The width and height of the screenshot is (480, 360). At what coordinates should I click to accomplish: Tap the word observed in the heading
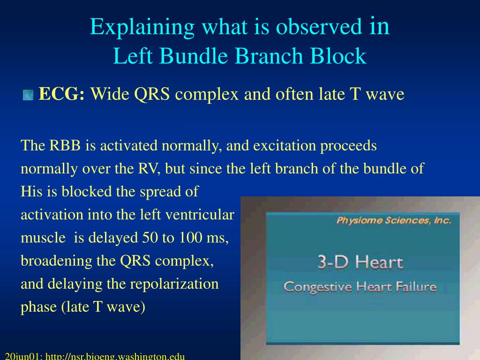tap(319, 27)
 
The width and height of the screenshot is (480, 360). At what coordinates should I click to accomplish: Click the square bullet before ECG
tap(28, 95)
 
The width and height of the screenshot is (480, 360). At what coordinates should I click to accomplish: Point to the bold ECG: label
tap(61, 94)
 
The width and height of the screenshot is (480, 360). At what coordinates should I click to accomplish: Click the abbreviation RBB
tap(65, 145)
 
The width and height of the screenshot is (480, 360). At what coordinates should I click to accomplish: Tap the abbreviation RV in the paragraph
tap(149, 169)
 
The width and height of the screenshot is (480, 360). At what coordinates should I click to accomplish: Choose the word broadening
tap(56, 261)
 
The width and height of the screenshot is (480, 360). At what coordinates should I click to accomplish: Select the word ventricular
tap(200, 215)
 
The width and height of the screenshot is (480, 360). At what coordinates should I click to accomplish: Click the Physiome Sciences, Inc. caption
tap(394, 220)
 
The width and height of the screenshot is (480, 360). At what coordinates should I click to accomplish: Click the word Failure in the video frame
tap(416, 286)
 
